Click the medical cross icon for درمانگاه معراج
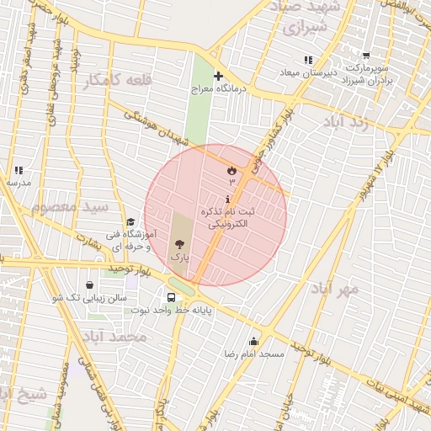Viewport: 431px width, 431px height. pos(218,77)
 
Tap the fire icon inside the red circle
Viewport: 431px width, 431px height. pos(231,170)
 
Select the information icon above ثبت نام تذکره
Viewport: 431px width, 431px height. pos(228,198)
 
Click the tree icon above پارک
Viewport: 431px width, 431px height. pos(179,243)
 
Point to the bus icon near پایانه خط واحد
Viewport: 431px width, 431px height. pos(172,297)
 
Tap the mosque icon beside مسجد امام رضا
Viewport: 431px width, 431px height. pos(253,341)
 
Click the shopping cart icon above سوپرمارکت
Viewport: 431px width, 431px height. pos(365,56)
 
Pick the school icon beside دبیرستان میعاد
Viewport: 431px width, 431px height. pos(308,60)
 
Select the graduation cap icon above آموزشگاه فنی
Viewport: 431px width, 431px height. pos(130,221)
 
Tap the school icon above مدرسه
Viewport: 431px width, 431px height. pos(19,171)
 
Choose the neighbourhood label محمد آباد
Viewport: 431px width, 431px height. pos(117,337)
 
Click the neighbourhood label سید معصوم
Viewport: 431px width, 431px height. pos(70,205)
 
